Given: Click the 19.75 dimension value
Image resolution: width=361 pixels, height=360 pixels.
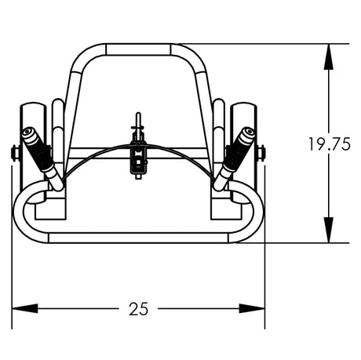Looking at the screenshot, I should [x=328, y=144].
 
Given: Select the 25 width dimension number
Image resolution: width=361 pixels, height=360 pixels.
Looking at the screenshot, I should [x=138, y=309].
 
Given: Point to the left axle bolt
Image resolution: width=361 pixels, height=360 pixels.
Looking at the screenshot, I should [x=15, y=152].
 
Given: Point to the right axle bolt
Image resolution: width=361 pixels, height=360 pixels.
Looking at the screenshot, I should [x=262, y=152].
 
